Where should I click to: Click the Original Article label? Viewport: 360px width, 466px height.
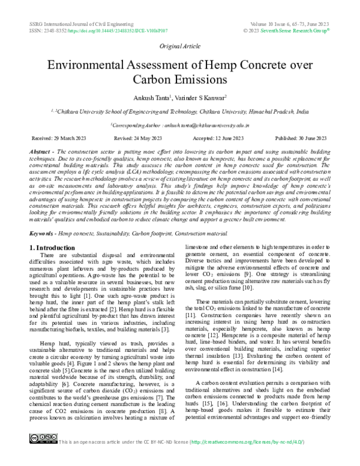coord(179,46)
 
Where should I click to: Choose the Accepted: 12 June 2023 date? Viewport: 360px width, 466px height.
coord(220,138)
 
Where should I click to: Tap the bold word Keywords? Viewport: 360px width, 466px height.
coord(43,231)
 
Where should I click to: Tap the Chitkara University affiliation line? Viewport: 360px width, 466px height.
coord(180,111)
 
